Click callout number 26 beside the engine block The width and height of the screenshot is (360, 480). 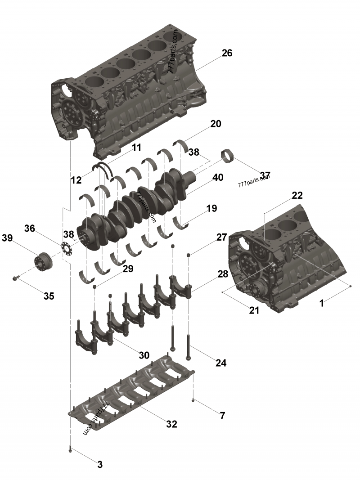[x=227, y=53]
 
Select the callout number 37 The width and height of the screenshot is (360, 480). [x=265, y=175]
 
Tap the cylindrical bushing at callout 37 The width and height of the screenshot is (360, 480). [x=227, y=155]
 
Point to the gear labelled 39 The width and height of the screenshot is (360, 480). [x=44, y=262]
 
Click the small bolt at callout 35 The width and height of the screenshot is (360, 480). [x=16, y=278]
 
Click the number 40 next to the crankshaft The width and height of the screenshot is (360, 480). [x=218, y=177]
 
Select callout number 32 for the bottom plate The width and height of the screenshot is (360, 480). [x=171, y=424]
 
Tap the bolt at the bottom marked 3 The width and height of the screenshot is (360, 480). [x=70, y=449]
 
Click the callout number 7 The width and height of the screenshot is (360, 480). [x=222, y=415]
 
